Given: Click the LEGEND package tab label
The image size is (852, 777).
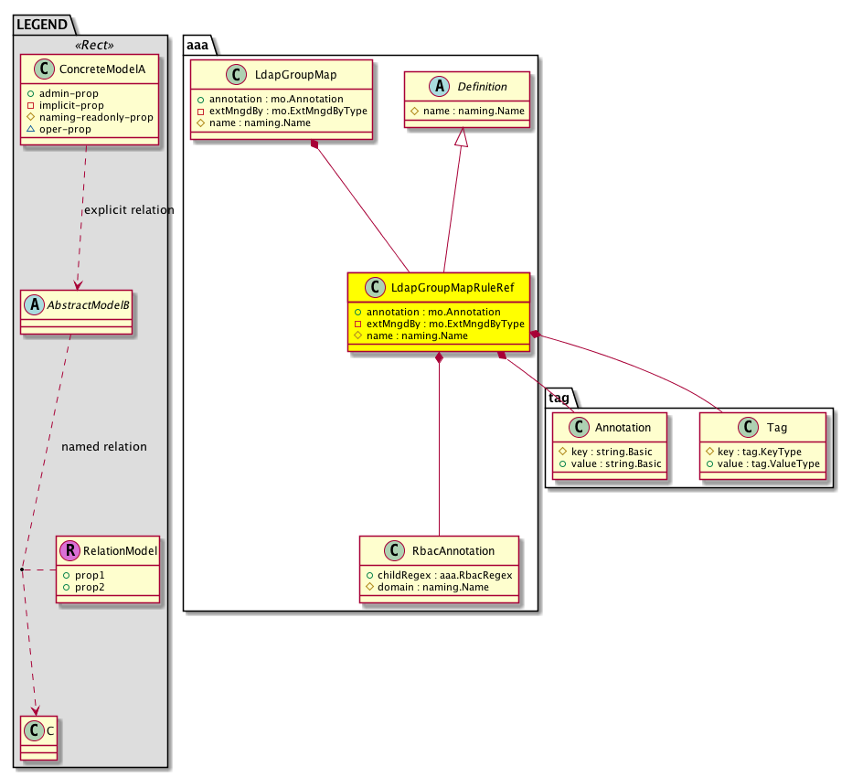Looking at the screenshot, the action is click(x=42, y=25).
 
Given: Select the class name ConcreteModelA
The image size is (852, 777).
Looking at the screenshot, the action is click(x=102, y=69).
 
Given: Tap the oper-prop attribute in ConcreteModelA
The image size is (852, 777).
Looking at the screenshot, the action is click(x=65, y=129).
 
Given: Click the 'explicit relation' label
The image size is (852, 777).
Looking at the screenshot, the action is click(x=129, y=209).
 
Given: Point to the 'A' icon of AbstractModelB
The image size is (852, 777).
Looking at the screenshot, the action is click(x=35, y=304).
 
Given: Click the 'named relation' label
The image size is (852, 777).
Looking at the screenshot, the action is click(x=104, y=447).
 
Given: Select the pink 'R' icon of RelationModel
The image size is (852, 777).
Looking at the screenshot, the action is click(x=70, y=550).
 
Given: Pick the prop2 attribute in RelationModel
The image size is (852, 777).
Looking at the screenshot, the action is click(x=90, y=587).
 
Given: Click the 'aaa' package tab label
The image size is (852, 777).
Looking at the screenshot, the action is click(x=197, y=45).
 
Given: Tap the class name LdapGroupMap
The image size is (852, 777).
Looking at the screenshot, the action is click(x=295, y=74).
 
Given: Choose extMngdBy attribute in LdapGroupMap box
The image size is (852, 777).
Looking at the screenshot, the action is click(x=288, y=111).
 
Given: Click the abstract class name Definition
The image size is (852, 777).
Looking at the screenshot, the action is click(x=482, y=87).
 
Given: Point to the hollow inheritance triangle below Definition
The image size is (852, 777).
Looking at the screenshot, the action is click(x=462, y=137).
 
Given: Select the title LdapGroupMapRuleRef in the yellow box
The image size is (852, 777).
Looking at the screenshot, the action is click(x=453, y=287).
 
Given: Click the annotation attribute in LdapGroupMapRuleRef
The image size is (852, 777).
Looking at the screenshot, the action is click(x=433, y=312).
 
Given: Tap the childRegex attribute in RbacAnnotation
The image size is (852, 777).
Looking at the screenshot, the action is click(x=444, y=575).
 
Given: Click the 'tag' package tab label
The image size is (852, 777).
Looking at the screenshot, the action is click(x=559, y=398).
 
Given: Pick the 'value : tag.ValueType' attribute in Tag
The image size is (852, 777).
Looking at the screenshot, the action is click(x=768, y=463).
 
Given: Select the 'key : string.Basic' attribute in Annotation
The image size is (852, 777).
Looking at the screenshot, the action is click(x=612, y=452).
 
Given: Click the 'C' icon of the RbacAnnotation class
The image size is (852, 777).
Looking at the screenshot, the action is click(x=394, y=550).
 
